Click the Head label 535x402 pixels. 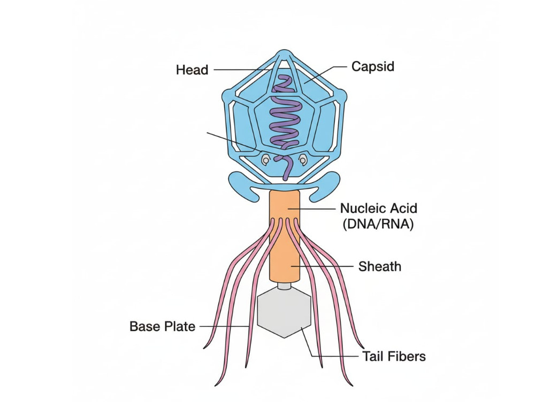(192, 70)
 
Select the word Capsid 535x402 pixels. (372, 66)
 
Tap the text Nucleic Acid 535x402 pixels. (379, 208)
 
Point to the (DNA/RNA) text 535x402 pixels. (378, 224)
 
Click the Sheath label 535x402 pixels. (380, 266)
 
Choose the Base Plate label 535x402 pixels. (163, 326)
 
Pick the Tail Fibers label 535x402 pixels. (394, 356)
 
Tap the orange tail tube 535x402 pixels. (285, 236)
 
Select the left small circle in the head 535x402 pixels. (265, 159)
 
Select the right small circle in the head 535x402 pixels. (303, 159)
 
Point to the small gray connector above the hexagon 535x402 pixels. (284, 286)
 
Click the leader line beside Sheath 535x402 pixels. (322, 266)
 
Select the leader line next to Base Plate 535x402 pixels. (224, 326)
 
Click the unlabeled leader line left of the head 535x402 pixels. (235, 142)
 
